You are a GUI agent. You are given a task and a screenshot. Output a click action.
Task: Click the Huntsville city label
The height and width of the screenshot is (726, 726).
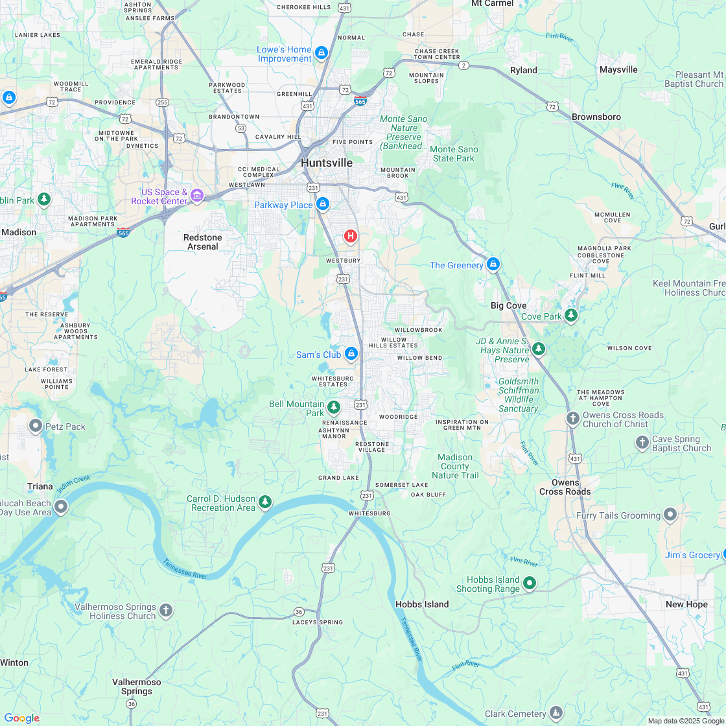[x=327, y=163]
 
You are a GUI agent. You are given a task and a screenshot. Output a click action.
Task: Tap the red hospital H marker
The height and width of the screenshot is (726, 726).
[x=351, y=236]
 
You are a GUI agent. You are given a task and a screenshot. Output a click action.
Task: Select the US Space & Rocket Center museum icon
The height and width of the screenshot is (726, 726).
[x=197, y=195]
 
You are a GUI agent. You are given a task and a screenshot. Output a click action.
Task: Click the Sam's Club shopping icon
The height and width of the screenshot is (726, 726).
[x=351, y=354]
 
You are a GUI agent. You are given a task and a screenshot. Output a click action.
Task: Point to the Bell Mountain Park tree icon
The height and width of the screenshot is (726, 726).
[x=334, y=407]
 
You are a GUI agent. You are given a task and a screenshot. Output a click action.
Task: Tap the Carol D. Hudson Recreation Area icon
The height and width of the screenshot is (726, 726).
[x=264, y=502]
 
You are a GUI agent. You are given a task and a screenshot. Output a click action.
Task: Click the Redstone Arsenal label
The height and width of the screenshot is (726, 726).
[x=203, y=242]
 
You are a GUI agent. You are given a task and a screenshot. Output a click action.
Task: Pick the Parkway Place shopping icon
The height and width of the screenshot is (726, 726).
[x=323, y=205]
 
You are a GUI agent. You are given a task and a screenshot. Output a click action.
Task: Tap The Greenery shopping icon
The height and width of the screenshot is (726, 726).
[x=493, y=264]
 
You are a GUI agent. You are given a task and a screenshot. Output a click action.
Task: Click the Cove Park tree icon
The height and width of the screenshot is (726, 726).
[x=571, y=316]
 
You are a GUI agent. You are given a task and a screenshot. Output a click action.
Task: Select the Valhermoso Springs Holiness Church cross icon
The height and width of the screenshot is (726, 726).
[x=166, y=610]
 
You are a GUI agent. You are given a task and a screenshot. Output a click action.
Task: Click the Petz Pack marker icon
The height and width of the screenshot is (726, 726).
[x=36, y=426]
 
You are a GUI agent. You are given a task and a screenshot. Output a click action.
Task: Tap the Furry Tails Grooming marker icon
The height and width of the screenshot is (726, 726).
[x=670, y=515]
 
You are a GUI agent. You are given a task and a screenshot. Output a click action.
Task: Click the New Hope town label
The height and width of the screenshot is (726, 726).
[x=686, y=604]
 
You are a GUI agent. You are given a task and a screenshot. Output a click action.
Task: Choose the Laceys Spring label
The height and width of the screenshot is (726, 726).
[x=318, y=622]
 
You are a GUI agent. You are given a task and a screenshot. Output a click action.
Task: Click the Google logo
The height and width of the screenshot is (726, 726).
[x=21, y=718]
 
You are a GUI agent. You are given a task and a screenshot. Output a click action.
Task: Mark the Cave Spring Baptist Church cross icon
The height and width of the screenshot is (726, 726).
[x=642, y=443]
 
